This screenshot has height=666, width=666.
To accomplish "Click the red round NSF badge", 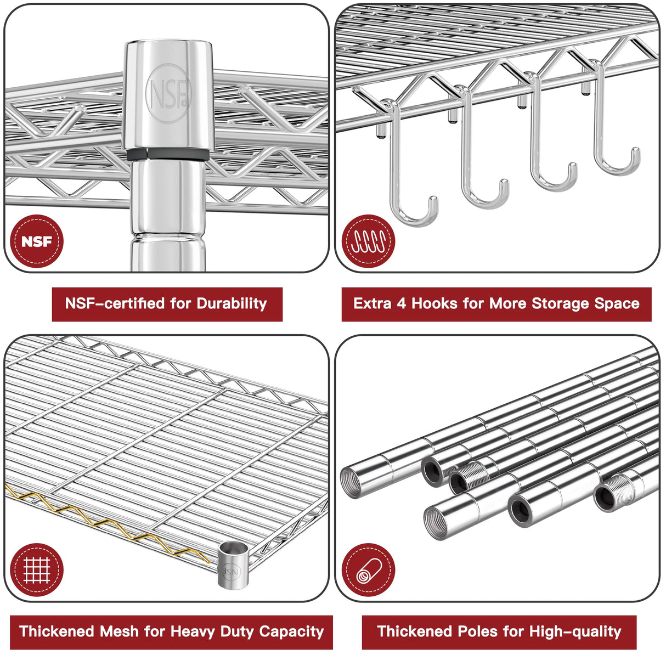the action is (x=37, y=241).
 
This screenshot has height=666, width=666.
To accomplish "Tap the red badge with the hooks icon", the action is (x=369, y=241).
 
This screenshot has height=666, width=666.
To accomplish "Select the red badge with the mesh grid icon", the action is (x=37, y=570).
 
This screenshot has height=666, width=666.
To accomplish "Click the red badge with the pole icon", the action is (x=369, y=570).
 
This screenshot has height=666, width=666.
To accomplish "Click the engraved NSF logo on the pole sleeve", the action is (x=168, y=93).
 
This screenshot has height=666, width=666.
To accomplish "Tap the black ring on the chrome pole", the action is (x=168, y=154).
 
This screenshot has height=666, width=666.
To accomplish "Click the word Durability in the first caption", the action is (x=232, y=304).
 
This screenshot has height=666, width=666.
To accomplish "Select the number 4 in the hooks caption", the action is (x=401, y=304).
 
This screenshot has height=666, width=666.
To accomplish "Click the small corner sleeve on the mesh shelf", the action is (x=233, y=565).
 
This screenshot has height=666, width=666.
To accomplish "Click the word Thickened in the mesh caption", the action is (x=57, y=631).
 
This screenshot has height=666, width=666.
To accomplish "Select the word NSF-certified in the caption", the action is (x=115, y=303).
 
